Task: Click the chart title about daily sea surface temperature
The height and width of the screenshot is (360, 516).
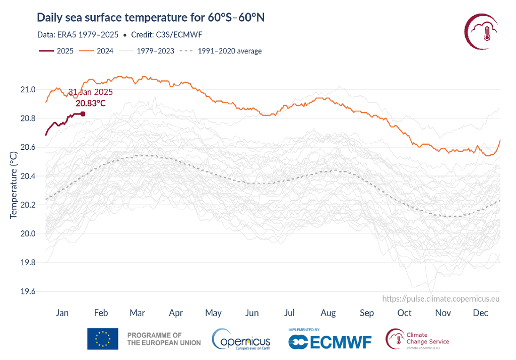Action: pos(151,18)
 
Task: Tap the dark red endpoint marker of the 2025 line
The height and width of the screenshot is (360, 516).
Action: pos(83,114)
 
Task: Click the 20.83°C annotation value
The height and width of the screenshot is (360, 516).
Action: pos(91,103)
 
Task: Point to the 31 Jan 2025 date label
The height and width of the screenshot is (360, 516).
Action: pos(90,92)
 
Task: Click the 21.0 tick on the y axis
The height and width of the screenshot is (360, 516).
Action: pos(28,90)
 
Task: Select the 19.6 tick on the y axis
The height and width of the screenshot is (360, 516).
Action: pos(28,291)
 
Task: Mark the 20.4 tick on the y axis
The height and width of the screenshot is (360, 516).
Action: pos(28,176)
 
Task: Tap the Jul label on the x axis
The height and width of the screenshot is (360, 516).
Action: pos(290,313)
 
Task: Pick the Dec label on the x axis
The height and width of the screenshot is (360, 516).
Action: pos(481,313)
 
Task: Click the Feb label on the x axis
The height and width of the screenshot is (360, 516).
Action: pos(101,313)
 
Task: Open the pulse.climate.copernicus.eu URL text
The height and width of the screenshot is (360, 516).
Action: pos(441,298)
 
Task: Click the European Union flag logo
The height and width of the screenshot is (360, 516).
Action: pos(103,339)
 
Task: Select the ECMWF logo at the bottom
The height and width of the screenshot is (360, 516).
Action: pos(330,341)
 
